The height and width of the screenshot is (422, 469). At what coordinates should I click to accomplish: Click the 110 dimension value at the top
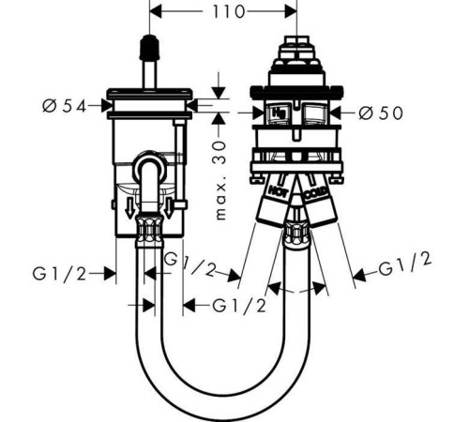229,12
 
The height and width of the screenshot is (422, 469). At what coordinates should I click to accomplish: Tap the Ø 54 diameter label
65,106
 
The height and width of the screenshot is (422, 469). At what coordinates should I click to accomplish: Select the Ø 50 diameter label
381,113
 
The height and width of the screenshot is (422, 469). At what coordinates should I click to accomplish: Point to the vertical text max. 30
219,180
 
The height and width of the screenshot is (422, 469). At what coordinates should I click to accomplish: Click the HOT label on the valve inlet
279,190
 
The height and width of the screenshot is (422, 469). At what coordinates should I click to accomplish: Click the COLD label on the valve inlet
316,194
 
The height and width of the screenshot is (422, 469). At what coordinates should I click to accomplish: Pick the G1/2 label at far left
59,274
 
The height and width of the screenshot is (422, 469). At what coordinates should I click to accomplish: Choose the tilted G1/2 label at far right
405,264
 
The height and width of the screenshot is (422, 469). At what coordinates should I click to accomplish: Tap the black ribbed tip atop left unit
149,47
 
